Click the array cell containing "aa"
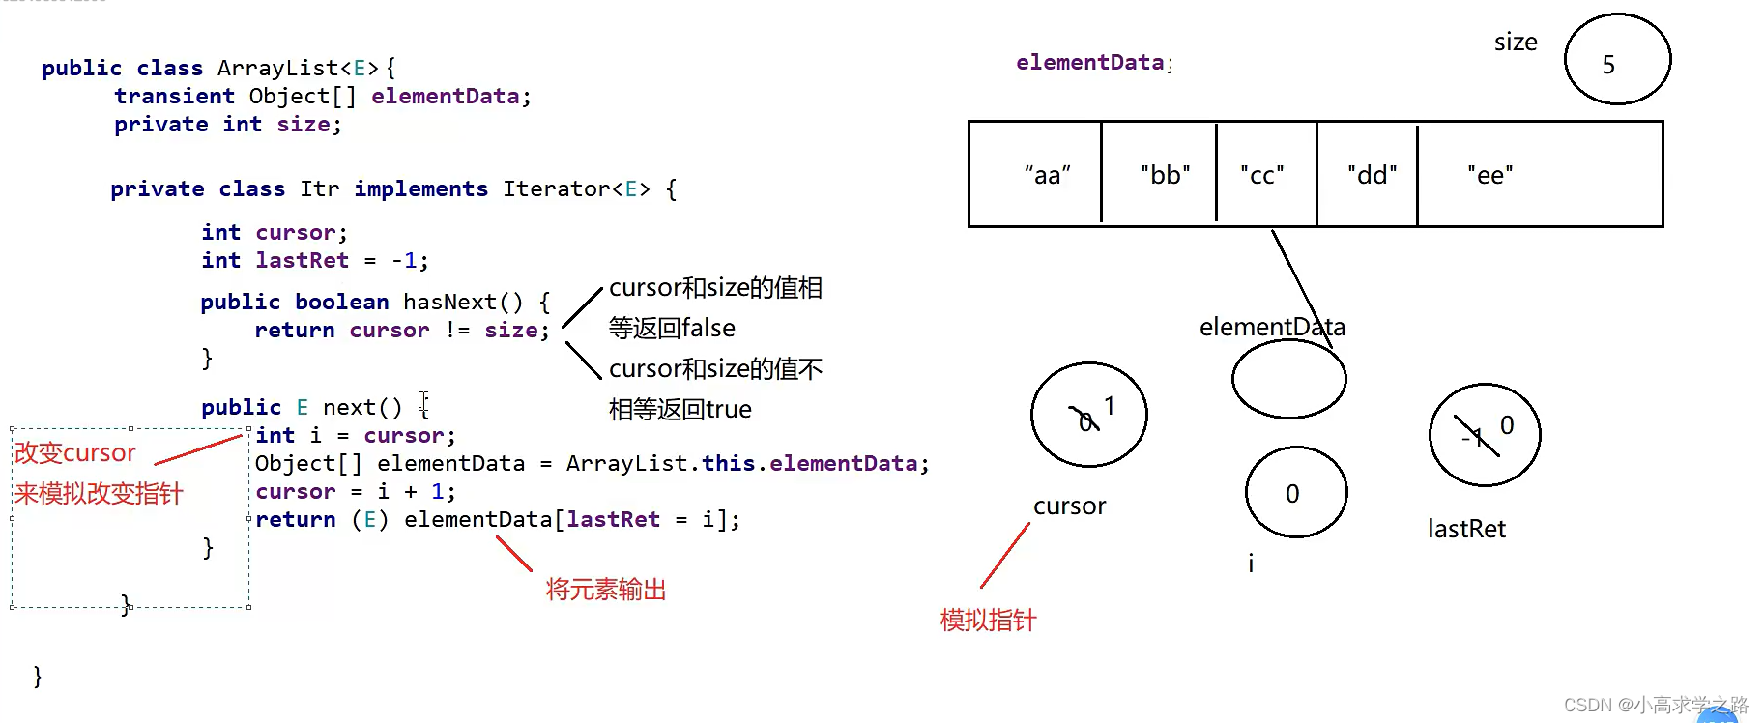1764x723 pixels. point(1035,175)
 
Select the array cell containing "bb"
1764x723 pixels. point(1159,175)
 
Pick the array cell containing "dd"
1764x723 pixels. point(1367,175)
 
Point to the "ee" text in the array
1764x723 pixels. point(1489,175)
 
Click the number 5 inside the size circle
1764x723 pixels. point(1608,65)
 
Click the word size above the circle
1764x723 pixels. point(1515,43)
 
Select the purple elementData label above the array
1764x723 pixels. point(1090,63)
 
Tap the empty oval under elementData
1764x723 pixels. point(1288,379)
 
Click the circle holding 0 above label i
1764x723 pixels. point(1295,492)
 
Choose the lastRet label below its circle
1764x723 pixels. point(1466,529)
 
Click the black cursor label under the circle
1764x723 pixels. point(1069,506)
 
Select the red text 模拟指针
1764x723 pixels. point(988,620)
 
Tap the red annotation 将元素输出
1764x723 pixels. point(606,590)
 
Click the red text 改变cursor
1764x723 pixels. point(75,452)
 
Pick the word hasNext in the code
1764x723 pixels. point(449,303)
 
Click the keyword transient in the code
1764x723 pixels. point(174,97)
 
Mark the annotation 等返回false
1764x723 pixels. point(672,329)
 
